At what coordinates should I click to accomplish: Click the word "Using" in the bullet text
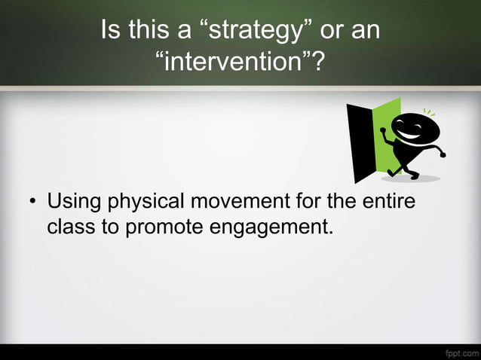(75, 203)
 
